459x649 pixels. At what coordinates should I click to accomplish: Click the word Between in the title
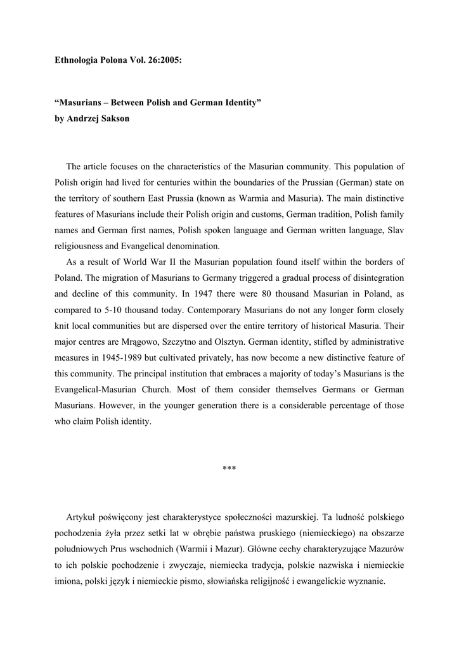(x=131, y=102)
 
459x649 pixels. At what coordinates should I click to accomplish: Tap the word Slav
(x=395, y=231)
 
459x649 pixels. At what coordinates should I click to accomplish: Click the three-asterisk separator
(x=229, y=469)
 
